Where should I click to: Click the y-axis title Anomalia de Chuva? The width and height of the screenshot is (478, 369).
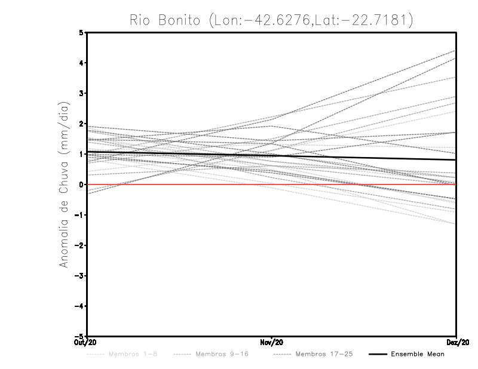pos(65,184)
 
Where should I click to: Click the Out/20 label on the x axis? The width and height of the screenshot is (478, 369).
pos(87,343)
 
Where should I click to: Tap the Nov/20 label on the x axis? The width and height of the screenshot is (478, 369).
pos(272,343)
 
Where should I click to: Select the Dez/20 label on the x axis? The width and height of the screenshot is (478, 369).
pos(456,343)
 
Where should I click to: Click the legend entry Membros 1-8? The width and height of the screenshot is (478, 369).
pos(133,355)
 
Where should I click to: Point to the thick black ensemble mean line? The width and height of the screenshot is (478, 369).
pos(358,156)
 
